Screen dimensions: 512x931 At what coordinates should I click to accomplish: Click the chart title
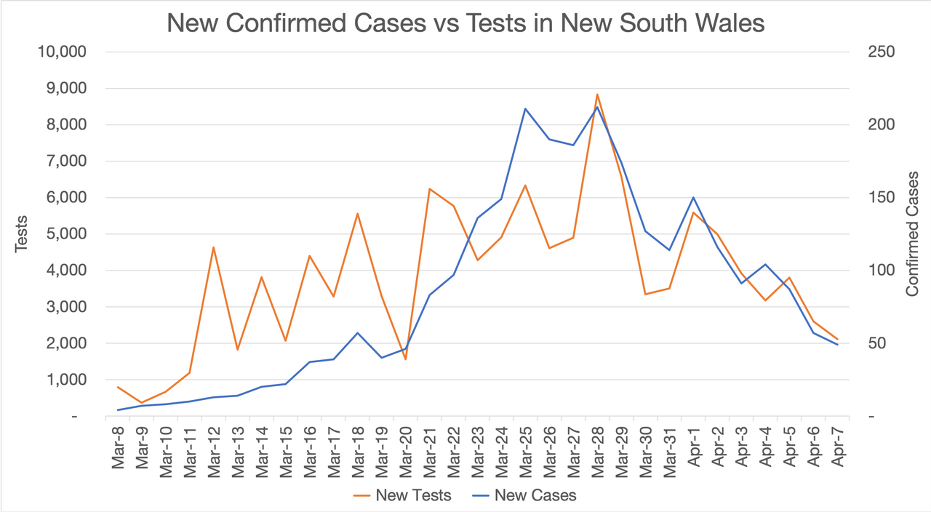click(465, 23)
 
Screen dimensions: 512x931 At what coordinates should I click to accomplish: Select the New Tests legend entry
click(401, 496)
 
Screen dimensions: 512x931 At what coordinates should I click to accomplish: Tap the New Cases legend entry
click(523, 496)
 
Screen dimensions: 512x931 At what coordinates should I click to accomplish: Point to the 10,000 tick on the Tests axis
click(61, 52)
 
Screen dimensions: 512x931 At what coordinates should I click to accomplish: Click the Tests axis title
click(21, 233)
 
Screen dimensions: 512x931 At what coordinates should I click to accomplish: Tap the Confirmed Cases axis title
click(912, 233)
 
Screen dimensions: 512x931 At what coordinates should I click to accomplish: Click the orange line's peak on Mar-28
click(597, 95)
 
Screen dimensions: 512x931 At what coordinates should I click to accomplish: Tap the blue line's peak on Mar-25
click(525, 109)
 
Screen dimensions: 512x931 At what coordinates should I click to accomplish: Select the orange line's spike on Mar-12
click(213, 247)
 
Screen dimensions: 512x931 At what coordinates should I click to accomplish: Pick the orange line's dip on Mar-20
click(405, 359)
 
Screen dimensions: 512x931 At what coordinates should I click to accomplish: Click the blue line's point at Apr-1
click(693, 198)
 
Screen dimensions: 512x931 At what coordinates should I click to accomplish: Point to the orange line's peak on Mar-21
click(429, 189)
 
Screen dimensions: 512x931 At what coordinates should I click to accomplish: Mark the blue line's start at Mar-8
click(118, 410)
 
